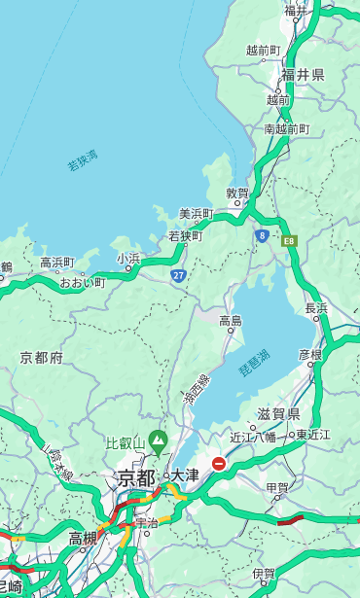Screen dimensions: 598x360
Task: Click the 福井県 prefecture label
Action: [x=304, y=75]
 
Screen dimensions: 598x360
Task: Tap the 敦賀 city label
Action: [x=237, y=194]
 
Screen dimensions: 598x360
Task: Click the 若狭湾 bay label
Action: [x=82, y=160]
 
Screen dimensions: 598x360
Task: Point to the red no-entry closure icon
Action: [x=219, y=464]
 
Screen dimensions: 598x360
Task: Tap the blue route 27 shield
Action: [x=179, y=276]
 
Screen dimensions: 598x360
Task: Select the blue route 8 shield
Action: [x=262, y=234]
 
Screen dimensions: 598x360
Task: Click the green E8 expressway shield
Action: [x=289, y=239]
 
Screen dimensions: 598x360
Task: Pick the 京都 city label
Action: [x=135, y=477]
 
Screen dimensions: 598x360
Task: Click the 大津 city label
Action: [x=185, y=475]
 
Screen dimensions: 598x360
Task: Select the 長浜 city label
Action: [x=316, y=308]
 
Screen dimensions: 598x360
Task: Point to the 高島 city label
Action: [x=231, y=321]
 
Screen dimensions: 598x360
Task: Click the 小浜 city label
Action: [x=128, y=259]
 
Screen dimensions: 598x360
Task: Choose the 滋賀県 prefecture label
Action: [x=278, y=414]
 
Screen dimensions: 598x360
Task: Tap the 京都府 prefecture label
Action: [x=42, y=358]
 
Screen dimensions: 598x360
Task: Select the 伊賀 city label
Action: [x=264, y=574]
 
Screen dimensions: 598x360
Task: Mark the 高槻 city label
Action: [x=83, y=538]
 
